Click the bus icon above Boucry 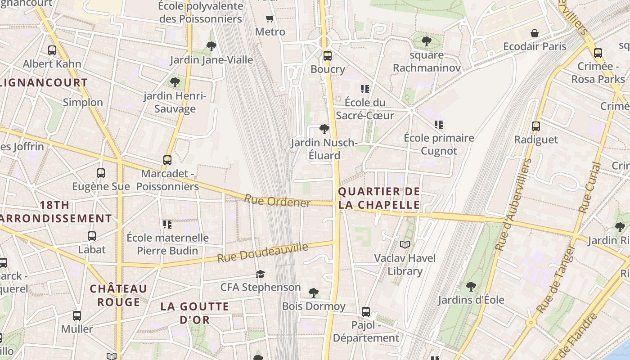click(327, 56)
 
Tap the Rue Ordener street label click(277, 201)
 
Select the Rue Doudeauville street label click(263, 253)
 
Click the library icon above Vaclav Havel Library click(405, 244)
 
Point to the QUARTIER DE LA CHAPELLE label click(379, 198)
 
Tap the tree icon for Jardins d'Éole click(471, 286)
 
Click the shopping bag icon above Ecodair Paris click(534, 33)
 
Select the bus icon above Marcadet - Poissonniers click(167, 160)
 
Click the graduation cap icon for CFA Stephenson click(260, 274)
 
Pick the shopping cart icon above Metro click(270, 19)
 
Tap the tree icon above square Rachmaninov click(426, 41)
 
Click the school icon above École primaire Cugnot click(439, 125)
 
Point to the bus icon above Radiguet click(535, 126)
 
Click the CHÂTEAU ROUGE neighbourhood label click(118, 295)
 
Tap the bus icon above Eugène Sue click(101, 173)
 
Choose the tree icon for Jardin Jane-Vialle click(211, 46)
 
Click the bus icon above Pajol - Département click(366, 311)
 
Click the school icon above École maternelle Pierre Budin click(167, 224)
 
